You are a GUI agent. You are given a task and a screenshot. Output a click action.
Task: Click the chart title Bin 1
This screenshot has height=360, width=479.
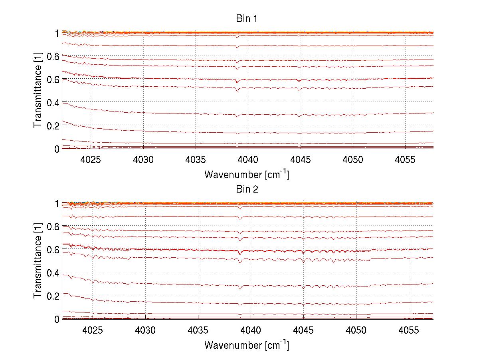[247, 19]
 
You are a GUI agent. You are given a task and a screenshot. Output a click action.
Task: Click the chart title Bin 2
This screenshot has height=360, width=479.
[247, 189]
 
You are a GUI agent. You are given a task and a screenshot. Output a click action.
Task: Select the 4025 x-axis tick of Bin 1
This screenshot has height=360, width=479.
[91, 160]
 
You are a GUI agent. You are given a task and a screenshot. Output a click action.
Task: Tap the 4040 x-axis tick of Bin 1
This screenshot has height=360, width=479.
[248, 160]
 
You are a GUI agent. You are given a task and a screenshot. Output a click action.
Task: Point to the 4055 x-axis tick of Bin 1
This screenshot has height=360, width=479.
[405, 160]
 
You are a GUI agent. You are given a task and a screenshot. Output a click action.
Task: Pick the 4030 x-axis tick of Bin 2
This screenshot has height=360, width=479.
[145, 330]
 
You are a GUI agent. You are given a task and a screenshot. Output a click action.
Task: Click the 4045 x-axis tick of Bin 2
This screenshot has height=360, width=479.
[303, 330]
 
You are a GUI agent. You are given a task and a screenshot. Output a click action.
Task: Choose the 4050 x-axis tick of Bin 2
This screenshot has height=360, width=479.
[356, 330]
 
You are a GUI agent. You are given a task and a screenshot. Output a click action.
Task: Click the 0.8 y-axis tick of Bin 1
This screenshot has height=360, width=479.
[53, 56]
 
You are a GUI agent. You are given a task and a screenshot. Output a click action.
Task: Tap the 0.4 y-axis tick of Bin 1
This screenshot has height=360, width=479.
[53, 103]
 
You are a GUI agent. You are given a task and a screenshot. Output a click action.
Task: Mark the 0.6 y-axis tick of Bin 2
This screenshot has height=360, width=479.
[53, 250]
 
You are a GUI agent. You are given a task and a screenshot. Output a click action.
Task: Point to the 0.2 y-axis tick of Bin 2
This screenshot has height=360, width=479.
[53, 296]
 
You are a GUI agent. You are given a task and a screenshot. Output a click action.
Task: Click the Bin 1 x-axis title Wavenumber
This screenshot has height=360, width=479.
[247, 175]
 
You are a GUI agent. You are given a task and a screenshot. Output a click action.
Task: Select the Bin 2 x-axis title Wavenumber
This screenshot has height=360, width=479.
[247, 345]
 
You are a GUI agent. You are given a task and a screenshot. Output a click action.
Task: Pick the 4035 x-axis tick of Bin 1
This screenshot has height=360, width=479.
[196, 160]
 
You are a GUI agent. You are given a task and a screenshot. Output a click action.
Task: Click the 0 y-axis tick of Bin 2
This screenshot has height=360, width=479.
[57, 319]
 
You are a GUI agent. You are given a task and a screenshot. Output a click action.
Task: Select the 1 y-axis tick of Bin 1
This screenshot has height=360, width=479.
[57, 33]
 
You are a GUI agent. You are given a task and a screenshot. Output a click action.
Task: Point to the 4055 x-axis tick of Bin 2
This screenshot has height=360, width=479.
[409, 330]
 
